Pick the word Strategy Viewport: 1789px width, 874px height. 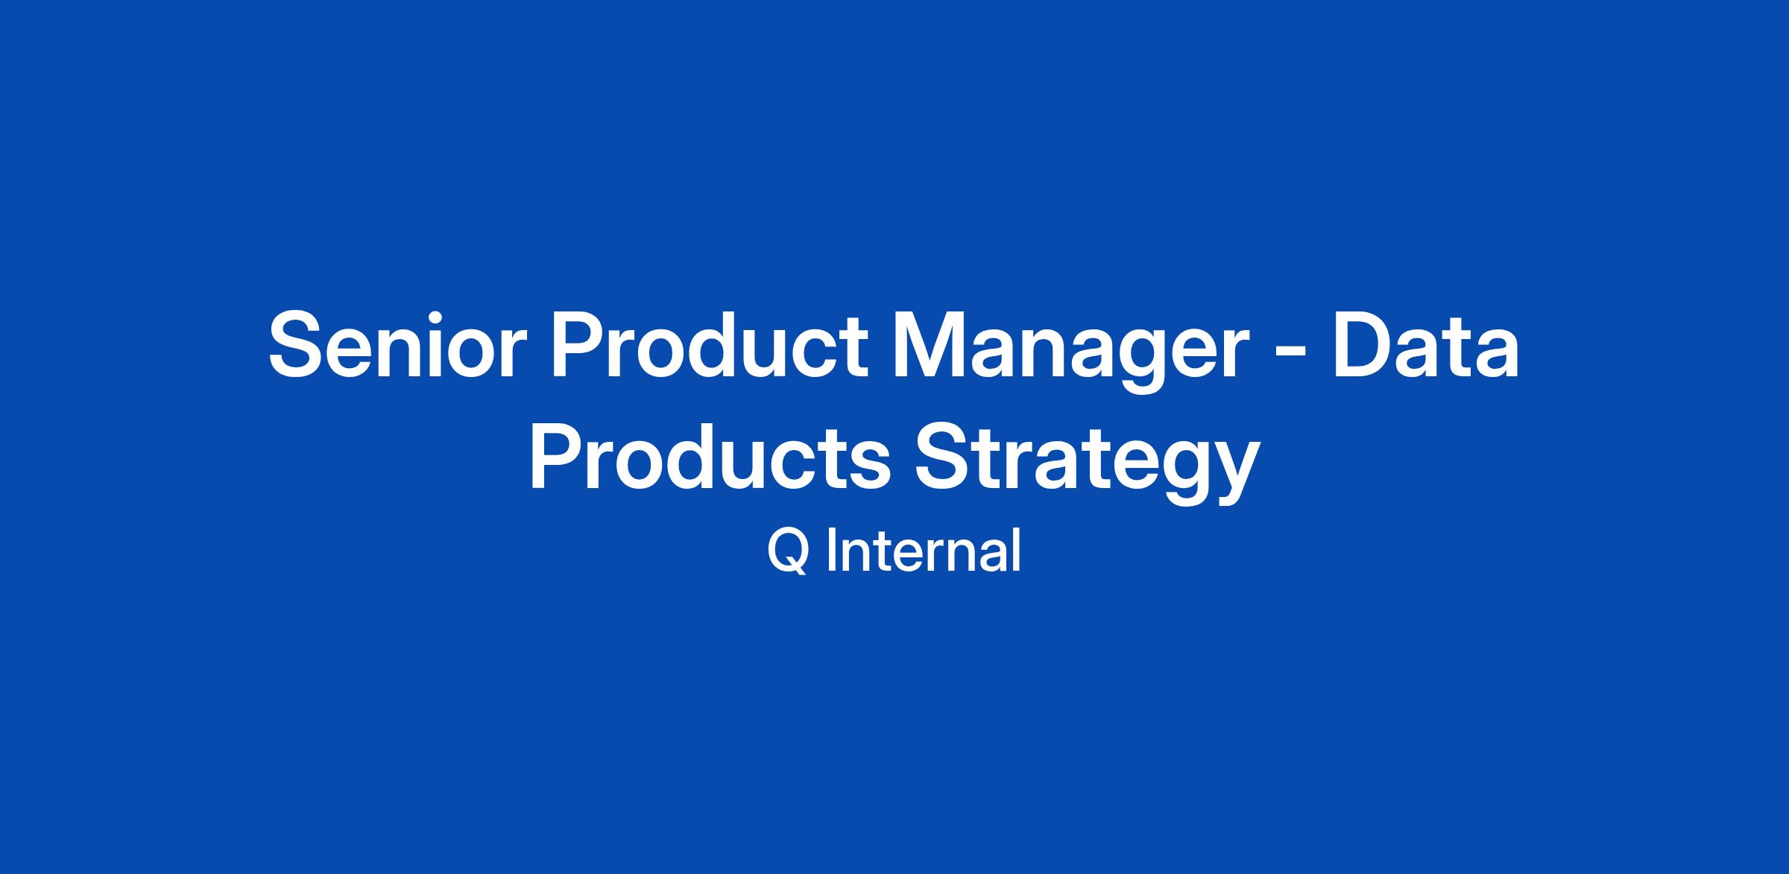click(1088, 463)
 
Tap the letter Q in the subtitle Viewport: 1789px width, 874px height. click(789, 551)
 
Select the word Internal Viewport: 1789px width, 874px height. click(924, 551)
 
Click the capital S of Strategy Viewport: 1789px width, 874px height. click(945, 457)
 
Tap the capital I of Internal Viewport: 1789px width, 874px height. click(831, 551)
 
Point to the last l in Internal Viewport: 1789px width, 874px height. click(1017, 551)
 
